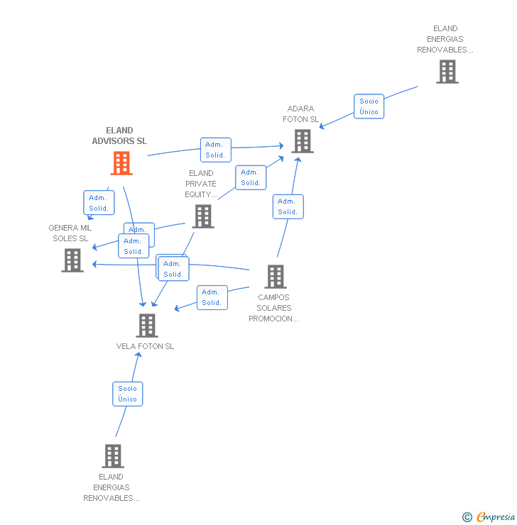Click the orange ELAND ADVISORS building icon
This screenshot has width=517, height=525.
121,163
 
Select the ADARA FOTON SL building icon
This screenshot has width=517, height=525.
303,141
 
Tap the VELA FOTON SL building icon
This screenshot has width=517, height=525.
147,326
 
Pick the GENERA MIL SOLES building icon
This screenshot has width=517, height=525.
72,260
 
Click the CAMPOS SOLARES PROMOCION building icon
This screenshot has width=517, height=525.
275,277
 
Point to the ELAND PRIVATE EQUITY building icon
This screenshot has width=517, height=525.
203,216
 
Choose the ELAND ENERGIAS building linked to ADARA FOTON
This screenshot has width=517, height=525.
447,72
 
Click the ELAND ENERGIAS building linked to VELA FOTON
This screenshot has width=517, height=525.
112,455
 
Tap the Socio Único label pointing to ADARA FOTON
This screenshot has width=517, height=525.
369,106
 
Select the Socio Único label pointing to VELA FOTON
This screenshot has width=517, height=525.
128,394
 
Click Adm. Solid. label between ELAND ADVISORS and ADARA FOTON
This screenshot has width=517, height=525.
215,150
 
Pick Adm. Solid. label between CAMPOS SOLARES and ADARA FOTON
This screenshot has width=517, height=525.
288,206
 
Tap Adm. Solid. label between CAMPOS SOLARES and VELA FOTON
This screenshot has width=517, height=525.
212,297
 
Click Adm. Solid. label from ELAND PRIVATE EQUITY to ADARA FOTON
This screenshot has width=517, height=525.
251,177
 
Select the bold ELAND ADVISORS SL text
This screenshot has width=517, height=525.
119,136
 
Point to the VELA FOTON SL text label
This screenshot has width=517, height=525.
145,346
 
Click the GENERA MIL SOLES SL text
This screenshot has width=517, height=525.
70,233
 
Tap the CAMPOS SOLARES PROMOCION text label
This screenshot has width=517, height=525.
274,308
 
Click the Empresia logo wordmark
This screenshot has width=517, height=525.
496,517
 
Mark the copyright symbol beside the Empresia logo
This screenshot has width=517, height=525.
467,517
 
